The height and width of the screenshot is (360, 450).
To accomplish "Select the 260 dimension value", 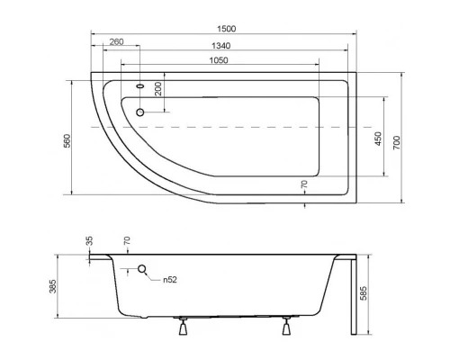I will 116,43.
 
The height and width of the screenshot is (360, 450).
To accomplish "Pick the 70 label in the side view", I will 127,241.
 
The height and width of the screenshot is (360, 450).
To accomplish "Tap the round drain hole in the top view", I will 140,112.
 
